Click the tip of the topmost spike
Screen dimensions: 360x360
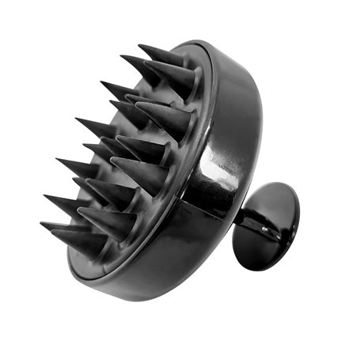pyautogui.click(x=139, y=46)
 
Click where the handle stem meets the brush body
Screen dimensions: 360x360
pyautogui.click(x=237, y=229)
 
